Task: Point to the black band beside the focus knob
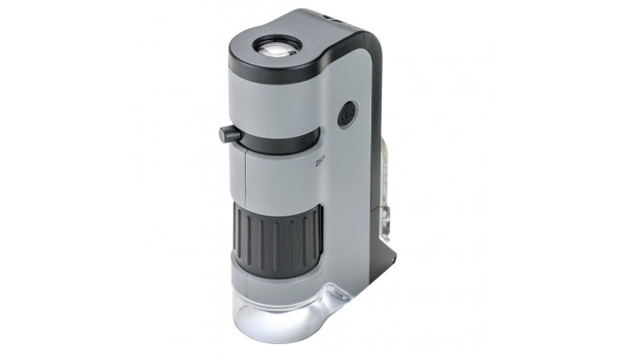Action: (x=281, y=143)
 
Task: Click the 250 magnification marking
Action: (x=321, y=160)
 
